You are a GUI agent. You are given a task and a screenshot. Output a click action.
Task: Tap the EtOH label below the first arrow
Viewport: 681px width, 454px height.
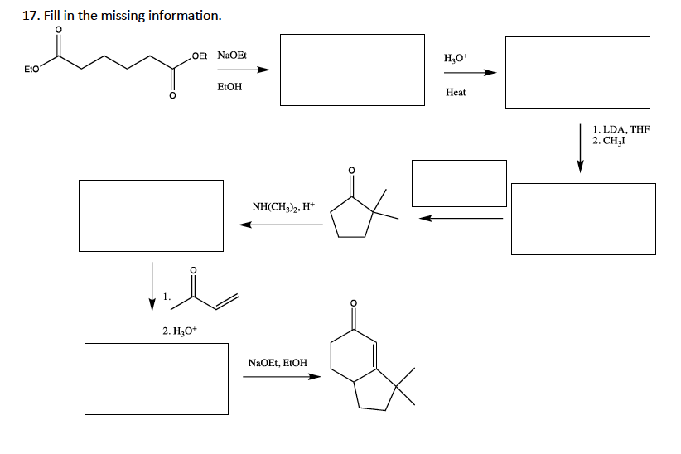coord(229,86)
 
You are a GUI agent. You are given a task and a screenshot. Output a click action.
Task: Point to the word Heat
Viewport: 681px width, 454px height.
coord(456,92)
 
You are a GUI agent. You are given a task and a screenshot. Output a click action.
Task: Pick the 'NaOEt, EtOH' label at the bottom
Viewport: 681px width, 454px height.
coord(278,363)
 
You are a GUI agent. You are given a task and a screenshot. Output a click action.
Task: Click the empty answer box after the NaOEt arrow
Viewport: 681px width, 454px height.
coord(352,70)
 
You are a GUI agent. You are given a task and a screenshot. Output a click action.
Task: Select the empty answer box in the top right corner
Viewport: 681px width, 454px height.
coord(577,71)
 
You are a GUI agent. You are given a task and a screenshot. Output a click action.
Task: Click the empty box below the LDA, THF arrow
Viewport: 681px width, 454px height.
coord(582,219)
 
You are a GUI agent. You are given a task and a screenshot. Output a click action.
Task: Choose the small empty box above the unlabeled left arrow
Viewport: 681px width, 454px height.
coord(459,183)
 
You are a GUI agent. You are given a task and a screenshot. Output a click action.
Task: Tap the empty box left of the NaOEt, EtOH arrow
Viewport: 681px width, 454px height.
coord(157,379)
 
